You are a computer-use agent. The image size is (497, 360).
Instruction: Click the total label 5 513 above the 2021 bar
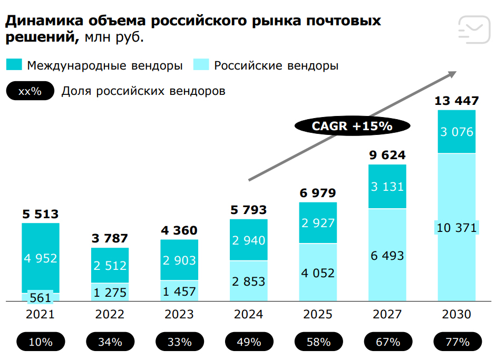click(x=41, y=214)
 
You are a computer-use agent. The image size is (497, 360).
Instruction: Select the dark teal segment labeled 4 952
click(x=41, y=258)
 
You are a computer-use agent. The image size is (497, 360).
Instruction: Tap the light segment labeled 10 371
click(x=456, y=228)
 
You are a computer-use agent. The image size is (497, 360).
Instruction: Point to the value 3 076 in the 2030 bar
click(x=456, y=132)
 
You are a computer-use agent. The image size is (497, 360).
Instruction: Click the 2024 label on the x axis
click(x=249, y=315)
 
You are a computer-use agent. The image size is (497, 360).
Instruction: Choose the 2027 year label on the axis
click(x=387, y=315)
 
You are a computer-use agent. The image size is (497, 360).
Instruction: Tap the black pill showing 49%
click(x=249, y=342)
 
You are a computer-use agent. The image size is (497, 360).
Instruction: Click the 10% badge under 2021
click(x=41, y=342)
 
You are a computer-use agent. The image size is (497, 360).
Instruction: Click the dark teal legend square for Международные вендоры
click(x=14, y=65)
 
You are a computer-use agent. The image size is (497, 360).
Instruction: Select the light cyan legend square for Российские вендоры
click(x=202, y=65)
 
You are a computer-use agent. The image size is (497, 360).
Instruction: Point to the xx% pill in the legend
click(x=30, y=91)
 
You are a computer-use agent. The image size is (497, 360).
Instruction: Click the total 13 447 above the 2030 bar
click(x=456, y=101)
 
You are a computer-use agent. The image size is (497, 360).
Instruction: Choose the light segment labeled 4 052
click(x=318, y=273)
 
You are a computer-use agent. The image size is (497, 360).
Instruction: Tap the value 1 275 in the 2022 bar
click(x=110, y=291)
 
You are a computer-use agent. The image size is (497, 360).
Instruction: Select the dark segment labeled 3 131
click(x=387, y=187)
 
